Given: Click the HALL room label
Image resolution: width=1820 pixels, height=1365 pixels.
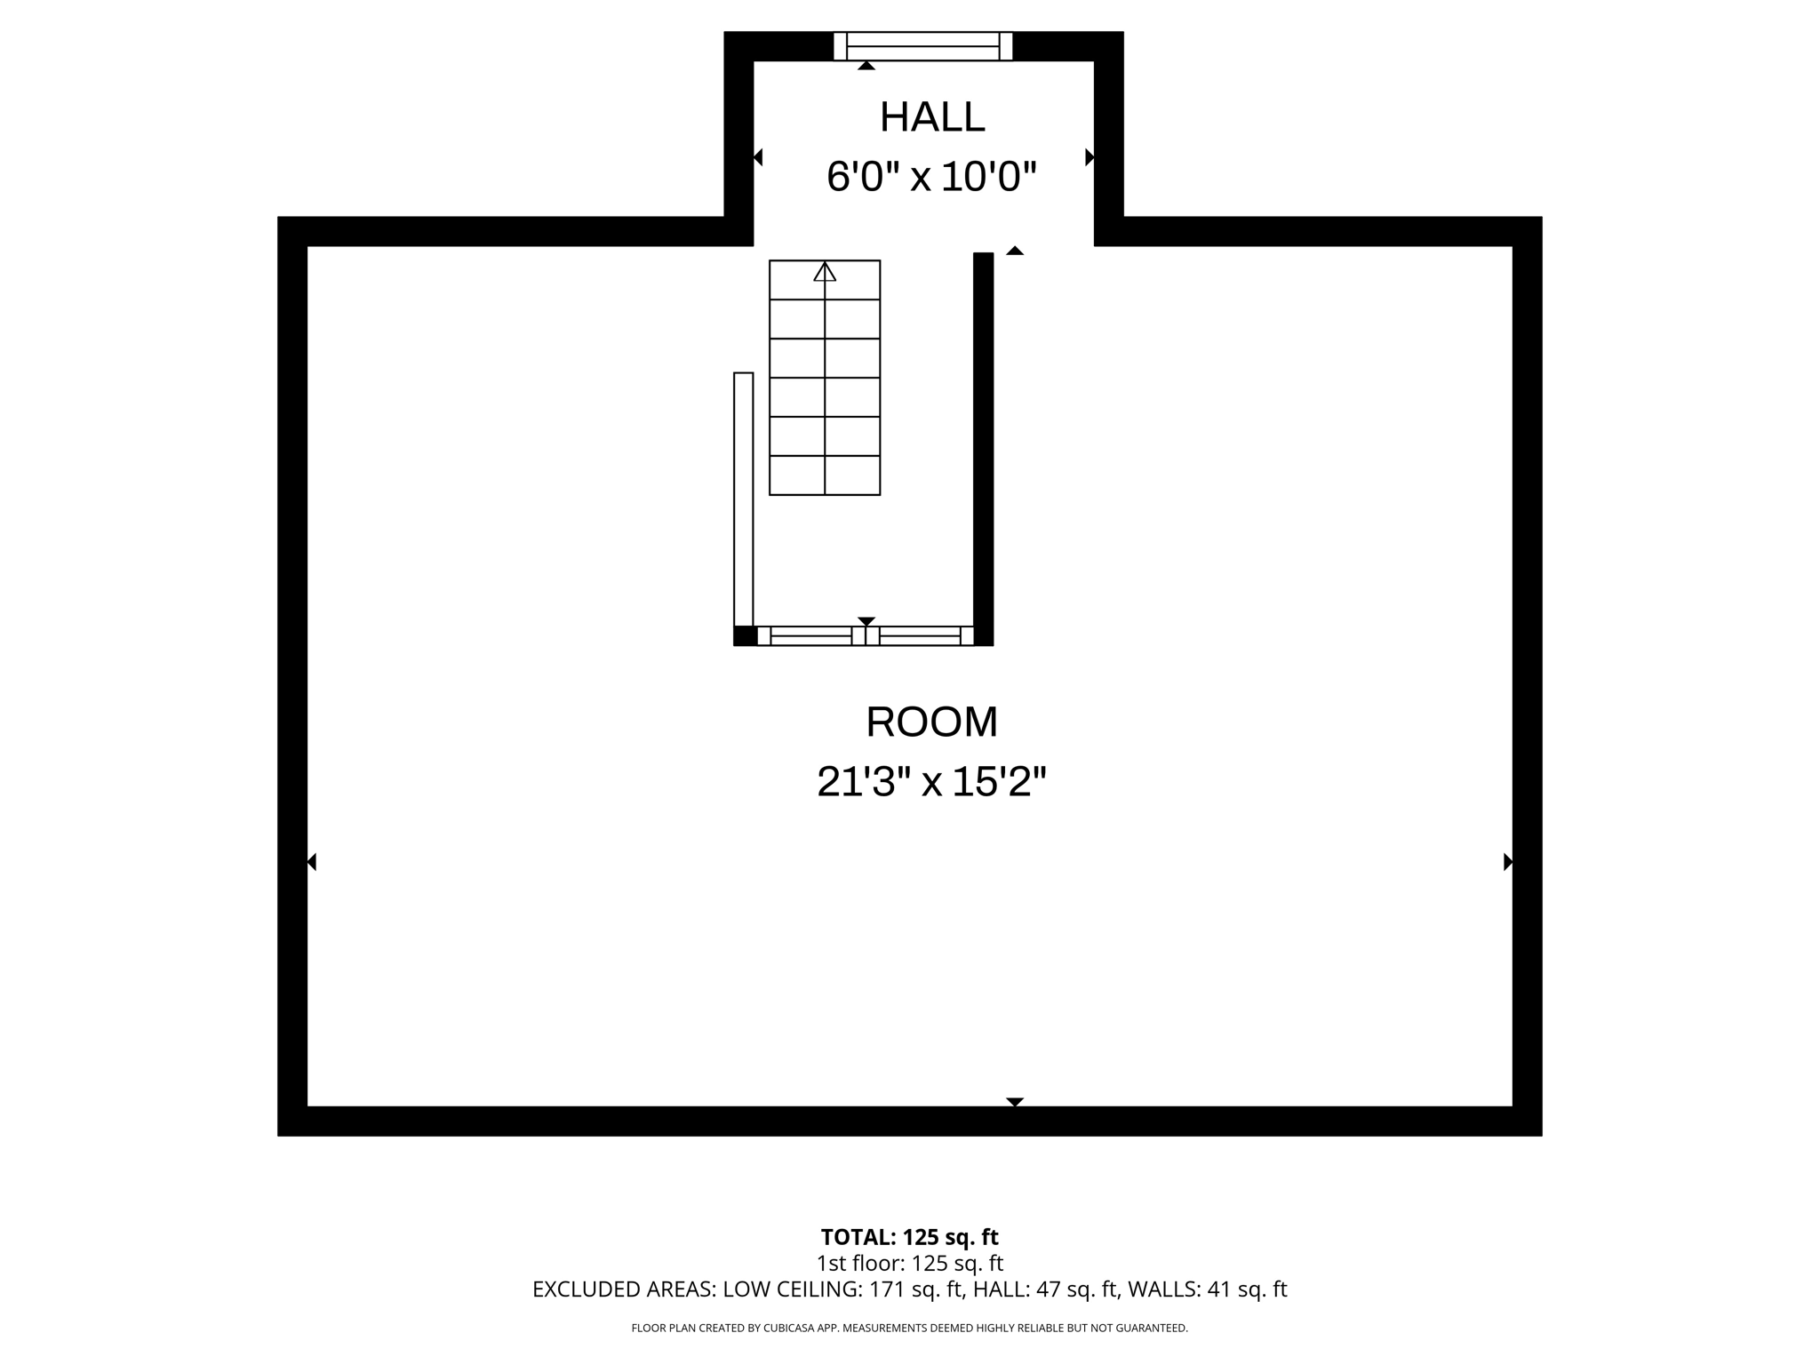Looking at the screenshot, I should click(932, 117).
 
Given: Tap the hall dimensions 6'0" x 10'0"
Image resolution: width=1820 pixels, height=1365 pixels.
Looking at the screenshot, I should click(931, 177).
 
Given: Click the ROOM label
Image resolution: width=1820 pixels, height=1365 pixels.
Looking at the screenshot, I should click(931, 722).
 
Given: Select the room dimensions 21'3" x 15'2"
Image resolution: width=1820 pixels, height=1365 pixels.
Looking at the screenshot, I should click(931, 782).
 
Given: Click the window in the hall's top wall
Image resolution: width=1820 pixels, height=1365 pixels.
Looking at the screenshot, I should click(922, 46).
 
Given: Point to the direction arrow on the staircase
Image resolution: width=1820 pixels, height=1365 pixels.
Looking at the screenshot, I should click(825, 272).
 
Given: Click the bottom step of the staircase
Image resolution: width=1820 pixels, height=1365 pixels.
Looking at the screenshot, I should click(825, 475).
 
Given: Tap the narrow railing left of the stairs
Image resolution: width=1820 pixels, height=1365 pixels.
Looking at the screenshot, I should click(743, 498).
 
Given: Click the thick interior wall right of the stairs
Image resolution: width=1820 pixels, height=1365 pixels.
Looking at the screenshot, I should click(983, 444).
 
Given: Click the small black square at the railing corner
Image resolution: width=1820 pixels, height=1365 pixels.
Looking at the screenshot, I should click(744, 635).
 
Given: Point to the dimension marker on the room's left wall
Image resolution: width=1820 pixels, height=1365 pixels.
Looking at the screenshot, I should click(312, 862).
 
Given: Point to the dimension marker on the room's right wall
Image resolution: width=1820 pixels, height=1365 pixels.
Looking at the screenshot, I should click(1507, 862).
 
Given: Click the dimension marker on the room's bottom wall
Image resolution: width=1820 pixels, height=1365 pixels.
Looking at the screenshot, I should click(1015, 1102).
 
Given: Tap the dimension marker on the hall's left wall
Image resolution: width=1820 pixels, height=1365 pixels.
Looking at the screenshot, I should click(758, 157).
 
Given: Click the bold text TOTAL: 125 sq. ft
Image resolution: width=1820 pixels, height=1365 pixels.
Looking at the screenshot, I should click(909, 1237).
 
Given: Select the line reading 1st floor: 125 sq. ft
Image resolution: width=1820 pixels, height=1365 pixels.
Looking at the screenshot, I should click(909, 1263).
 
